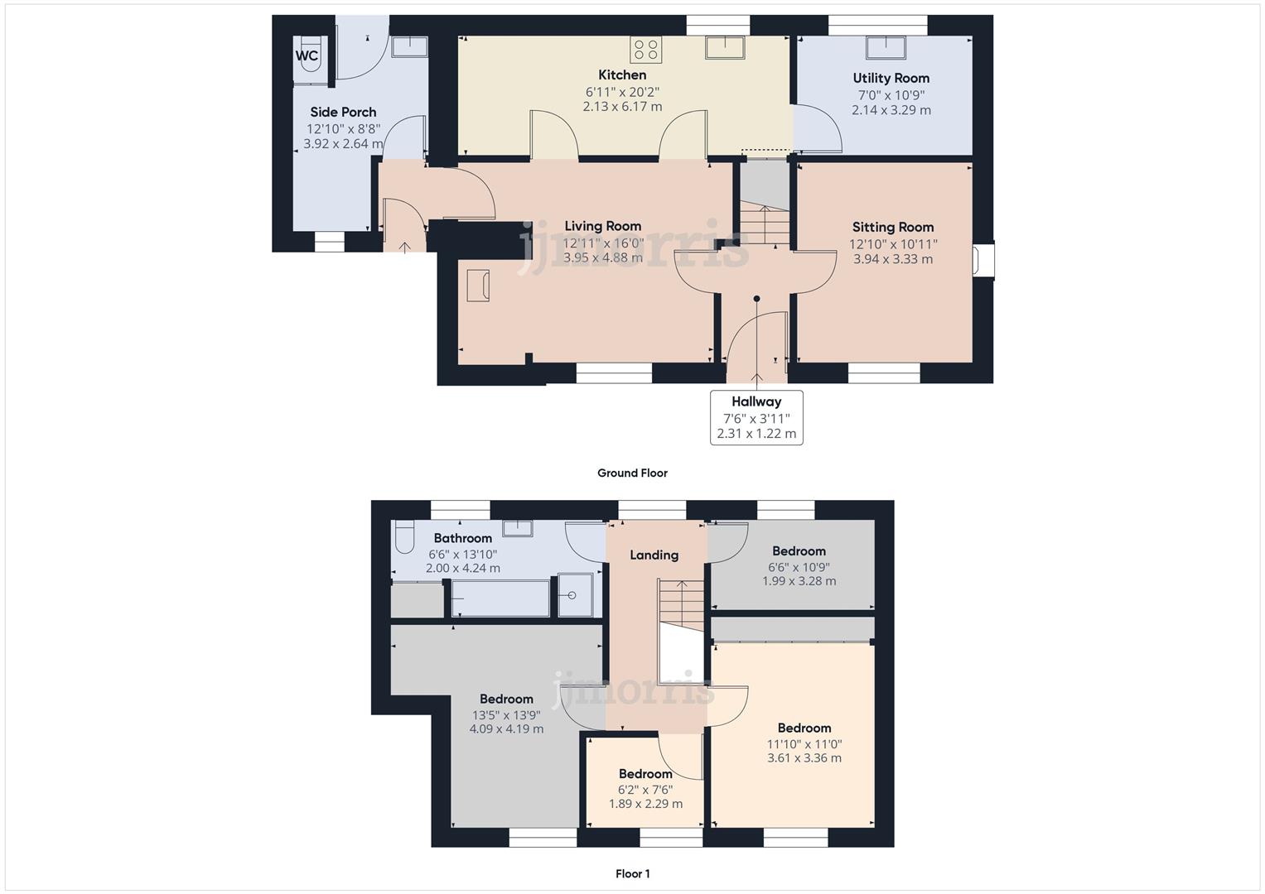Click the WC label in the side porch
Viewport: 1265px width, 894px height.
click(307, 56)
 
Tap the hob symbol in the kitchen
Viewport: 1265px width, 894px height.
click(646, 49)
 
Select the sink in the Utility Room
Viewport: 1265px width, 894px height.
click(886, 47)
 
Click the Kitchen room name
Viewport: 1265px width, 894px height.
click(622, 75)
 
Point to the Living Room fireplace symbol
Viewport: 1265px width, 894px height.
click(478, 286)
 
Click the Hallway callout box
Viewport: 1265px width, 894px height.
click(756, 418)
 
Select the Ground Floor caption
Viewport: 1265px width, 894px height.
click(633, 473)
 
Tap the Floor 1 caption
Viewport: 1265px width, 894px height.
click(633, 873)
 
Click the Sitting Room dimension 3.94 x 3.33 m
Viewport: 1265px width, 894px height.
click(893, 259)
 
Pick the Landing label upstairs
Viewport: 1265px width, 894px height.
click(654, 555)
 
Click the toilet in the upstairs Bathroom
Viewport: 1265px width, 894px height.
click(403, 536)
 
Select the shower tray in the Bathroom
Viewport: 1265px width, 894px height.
click(576, 595)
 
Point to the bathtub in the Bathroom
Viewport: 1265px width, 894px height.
click(500, 598)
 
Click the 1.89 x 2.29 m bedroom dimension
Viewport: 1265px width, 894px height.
click(645, 804)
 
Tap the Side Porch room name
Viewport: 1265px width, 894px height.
click(343, 113)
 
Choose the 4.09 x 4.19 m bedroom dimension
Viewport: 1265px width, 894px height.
click(506, 728)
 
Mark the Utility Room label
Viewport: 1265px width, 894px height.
click(891, 79)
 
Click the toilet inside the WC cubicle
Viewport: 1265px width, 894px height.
click(310, 54)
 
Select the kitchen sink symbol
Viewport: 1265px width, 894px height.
click(725, 47)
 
